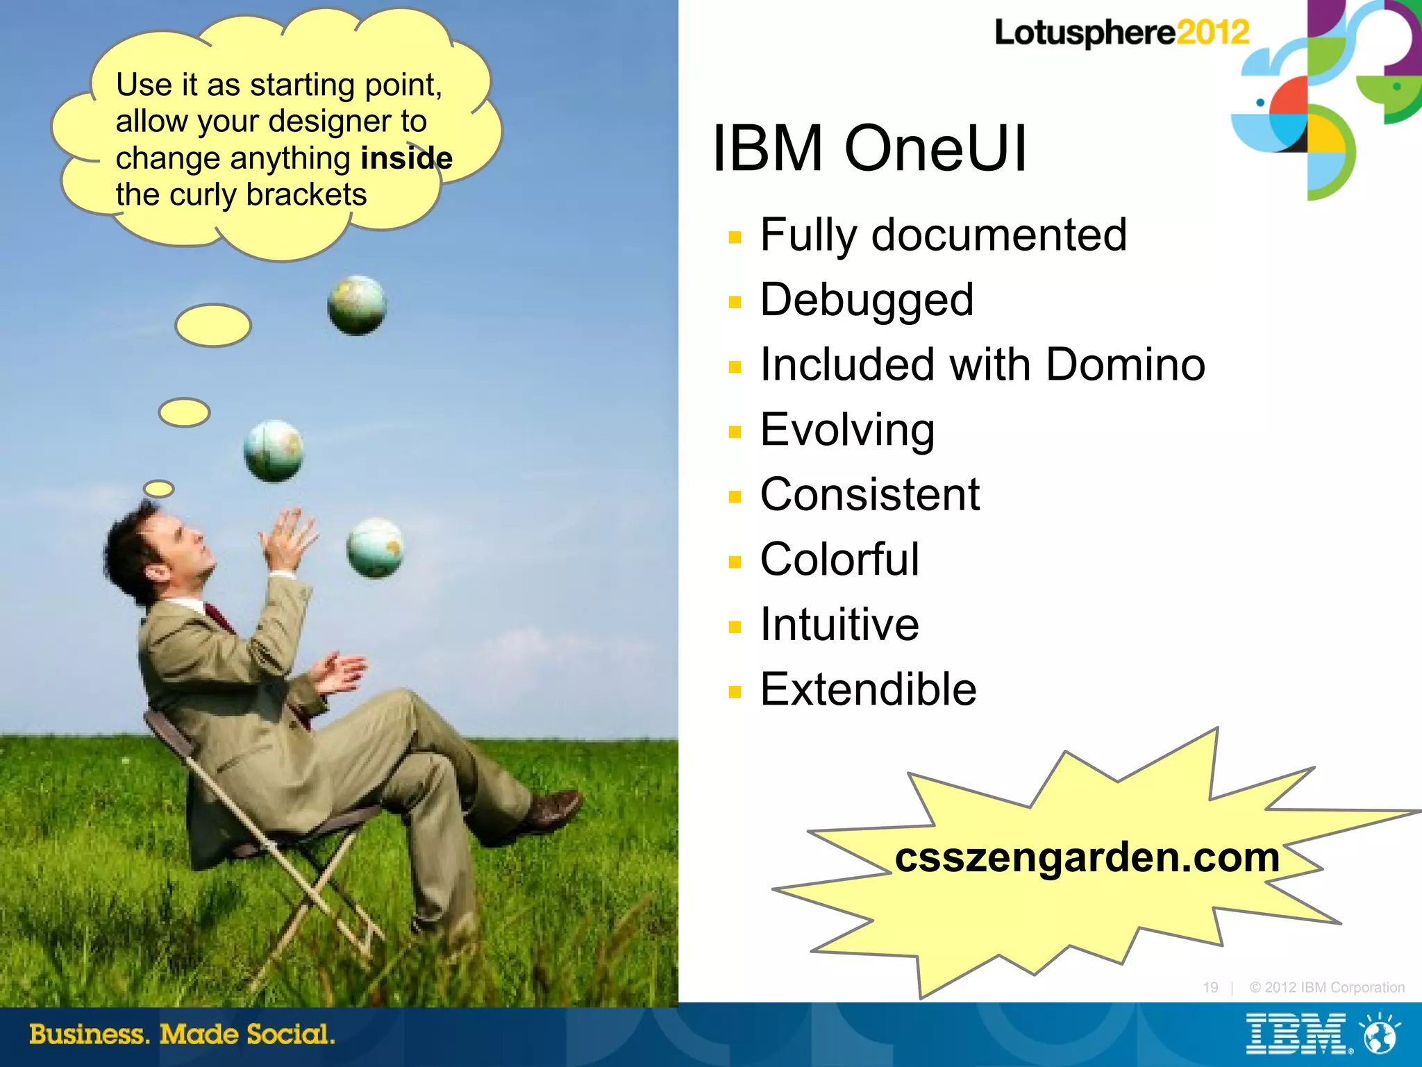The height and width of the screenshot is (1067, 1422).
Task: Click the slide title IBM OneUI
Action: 869,149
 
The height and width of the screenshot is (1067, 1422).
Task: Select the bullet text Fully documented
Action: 943,235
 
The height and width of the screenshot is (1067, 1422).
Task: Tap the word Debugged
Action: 867,300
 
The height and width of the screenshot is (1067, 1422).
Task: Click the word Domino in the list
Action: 1125,364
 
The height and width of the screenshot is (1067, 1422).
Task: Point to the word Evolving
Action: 847,430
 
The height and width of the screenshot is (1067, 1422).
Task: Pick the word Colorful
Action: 839,560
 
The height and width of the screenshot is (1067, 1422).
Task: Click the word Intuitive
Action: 839,624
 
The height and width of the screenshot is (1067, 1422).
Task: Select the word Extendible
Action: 868,689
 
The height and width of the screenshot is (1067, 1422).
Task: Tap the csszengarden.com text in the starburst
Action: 1087,857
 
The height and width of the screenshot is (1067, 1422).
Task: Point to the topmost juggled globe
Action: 357,305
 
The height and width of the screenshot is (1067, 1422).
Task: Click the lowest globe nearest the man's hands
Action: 375,548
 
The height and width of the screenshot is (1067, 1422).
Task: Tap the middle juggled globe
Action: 274,451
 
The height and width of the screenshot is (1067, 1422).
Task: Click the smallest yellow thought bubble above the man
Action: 159,489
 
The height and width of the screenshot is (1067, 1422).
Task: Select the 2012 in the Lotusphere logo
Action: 1212,33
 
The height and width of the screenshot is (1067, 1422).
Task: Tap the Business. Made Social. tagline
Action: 182,1034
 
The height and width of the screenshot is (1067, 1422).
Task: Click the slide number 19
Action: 1210,987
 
